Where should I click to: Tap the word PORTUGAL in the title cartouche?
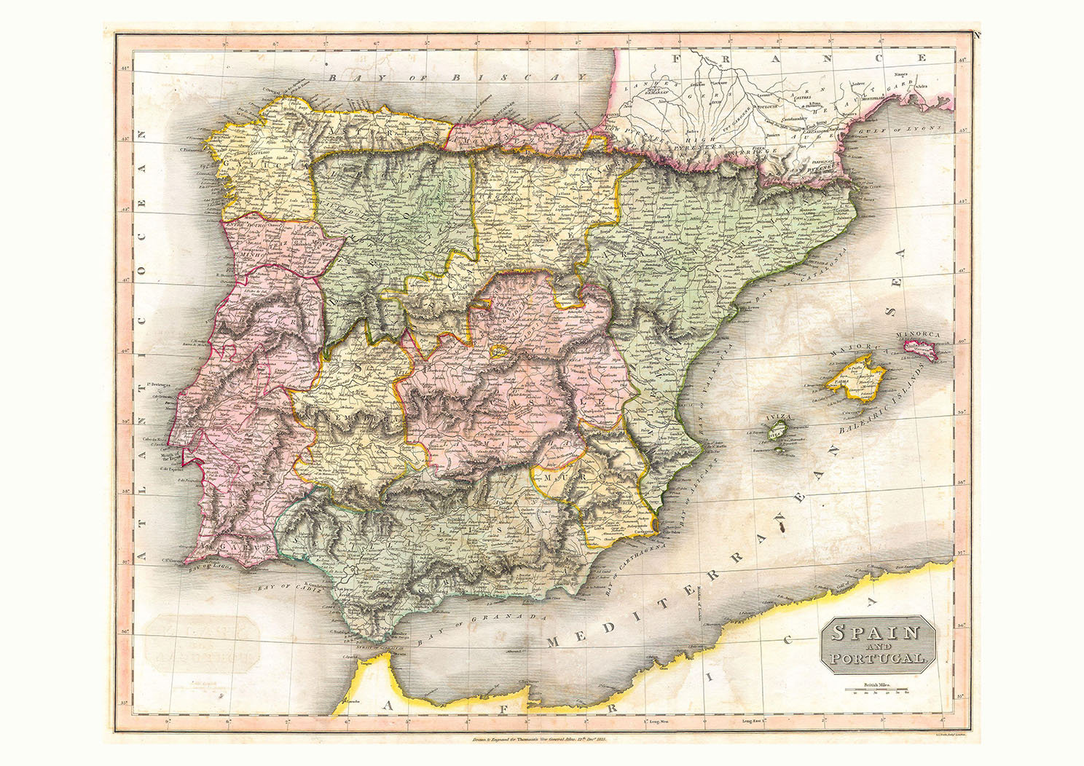(877, 658)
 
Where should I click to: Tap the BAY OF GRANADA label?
(482, 624)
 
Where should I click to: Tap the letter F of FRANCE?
(677, 59)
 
